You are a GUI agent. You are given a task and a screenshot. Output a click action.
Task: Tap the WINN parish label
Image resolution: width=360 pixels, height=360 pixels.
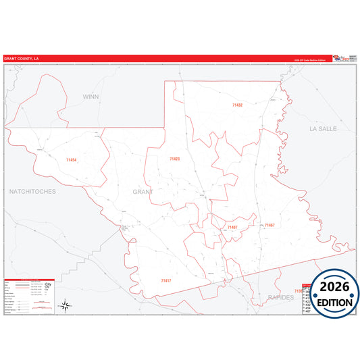coord(91,97)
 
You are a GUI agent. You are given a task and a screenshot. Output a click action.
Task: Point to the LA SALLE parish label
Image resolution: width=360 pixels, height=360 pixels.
coord(322,128)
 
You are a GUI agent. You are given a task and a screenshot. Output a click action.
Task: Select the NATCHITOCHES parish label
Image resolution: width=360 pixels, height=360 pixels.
coord(32,192)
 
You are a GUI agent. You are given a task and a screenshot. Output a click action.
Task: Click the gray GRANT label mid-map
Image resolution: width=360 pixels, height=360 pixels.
coord(143,192)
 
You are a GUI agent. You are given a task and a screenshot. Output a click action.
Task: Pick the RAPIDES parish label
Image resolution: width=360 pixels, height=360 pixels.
coord(280,297)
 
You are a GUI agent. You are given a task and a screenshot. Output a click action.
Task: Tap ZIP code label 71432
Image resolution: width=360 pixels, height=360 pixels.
coord(237,105)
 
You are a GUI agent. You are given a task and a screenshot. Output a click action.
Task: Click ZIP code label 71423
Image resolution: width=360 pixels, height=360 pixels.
coord(174,159)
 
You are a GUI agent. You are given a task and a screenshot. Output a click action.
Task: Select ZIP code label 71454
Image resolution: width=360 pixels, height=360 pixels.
coord(72,160)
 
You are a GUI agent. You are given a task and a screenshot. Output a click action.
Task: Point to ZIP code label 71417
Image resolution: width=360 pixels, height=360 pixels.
coord(166,280)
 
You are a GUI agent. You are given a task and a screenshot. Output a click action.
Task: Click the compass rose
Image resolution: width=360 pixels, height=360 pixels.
coord(66,306)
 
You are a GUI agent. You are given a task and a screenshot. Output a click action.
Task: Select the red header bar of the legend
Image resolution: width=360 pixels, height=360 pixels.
coord(29,279)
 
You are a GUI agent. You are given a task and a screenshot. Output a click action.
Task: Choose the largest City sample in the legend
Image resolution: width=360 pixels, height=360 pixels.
coord(47,284)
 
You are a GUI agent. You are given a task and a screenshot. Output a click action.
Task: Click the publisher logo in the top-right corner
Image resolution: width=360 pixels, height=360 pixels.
coord(344,58)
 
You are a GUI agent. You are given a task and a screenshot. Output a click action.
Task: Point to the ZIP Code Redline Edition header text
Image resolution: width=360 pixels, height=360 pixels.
coord(309,60)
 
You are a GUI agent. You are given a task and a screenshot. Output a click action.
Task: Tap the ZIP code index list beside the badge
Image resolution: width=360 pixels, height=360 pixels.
coord(305,298)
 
